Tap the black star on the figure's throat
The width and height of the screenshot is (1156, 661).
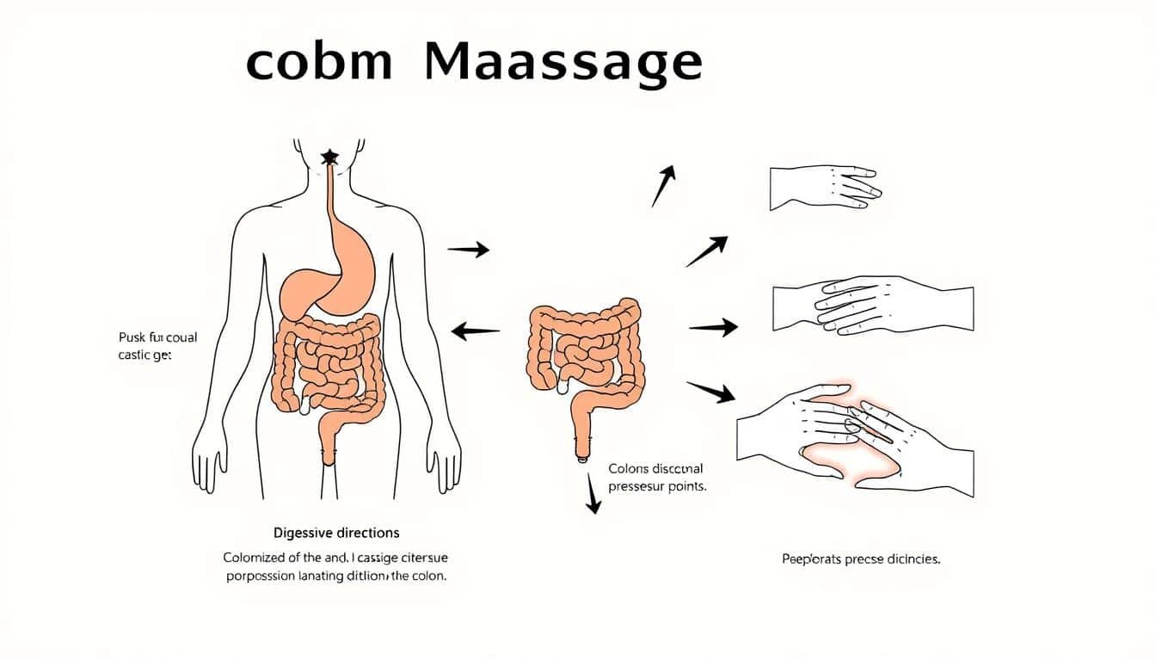(329, 158)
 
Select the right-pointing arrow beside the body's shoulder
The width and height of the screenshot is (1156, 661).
(469, 250)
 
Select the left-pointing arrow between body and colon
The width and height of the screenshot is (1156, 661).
(476, 330)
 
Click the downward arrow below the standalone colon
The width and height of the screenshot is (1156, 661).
(592, 497)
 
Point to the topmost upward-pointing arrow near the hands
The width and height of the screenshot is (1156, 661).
(663, 186)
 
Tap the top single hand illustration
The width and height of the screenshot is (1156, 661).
(821, 188)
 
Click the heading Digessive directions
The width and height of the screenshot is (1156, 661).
(335, 533)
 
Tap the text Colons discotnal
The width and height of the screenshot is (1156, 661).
(655, 469)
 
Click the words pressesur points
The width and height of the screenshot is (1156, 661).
(657, 486)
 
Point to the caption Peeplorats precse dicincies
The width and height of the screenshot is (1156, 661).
(861, 559)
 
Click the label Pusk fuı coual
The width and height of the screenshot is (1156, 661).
(146, 337)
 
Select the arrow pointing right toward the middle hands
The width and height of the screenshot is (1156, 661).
(713, 327)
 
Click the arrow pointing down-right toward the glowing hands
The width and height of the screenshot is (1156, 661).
(710, 392)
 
